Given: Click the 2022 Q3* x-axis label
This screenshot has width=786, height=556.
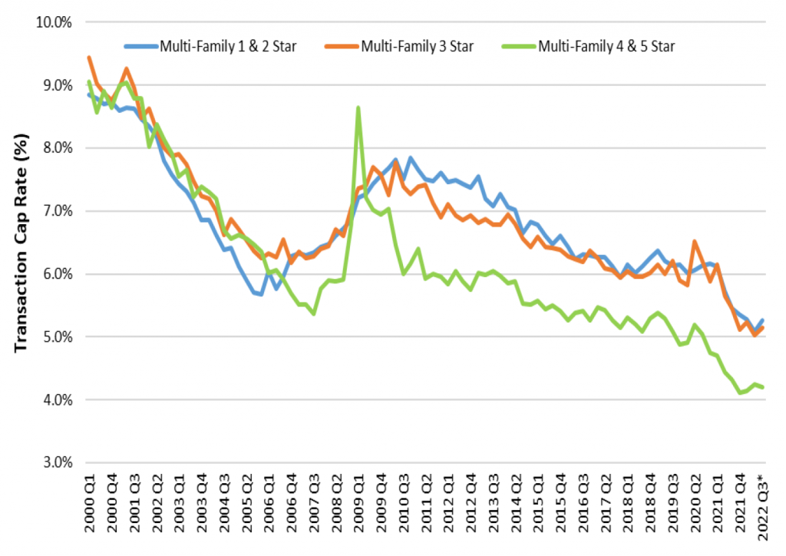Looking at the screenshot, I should (x=761, y=512).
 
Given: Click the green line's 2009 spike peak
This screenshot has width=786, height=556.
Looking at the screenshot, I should (x=358, y=108).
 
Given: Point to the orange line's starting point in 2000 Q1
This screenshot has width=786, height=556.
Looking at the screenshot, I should (x=89, y=58).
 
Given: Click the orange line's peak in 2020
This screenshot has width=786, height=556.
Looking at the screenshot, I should (x=695, y=241).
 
